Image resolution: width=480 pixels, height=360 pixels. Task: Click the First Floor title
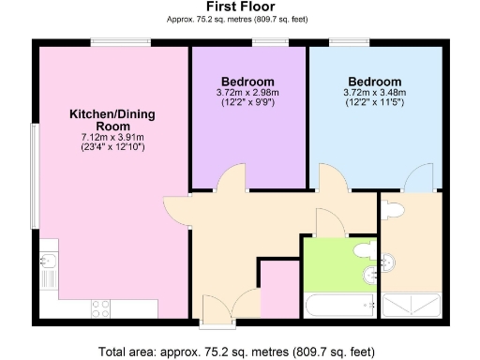click(239, 7)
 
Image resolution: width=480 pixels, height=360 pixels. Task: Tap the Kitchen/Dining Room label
click(112, 120)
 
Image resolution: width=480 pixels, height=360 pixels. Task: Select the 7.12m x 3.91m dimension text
click(112, 137)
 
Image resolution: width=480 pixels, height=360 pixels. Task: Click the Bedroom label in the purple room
click(247, 80)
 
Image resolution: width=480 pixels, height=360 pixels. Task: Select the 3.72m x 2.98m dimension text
click(247, 93)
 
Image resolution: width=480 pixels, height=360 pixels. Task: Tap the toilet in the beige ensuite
click(394, 208)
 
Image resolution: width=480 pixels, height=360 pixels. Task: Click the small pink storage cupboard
click(276, 291)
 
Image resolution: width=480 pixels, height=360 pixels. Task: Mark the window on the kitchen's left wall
click(35, 173)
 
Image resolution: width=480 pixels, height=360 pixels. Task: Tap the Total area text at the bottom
click(239, 352)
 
